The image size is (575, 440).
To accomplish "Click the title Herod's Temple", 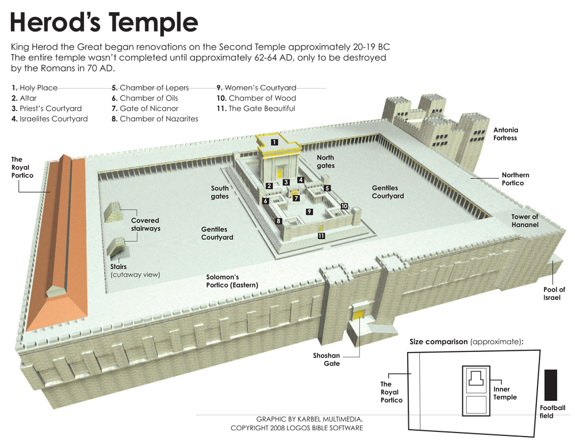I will click(x=104, y=23).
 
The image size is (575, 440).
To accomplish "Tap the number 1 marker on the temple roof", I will click(x=274, y=141).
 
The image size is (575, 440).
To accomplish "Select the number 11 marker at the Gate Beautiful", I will click(x=321, y=236).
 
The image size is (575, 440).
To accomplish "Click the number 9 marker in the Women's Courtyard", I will click(x=309, y=212).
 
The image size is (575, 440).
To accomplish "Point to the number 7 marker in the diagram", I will click(x=296, y=198).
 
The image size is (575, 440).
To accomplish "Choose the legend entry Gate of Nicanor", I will click(x=145, y=109).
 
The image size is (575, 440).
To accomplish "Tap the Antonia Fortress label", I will click(x=505, y=134).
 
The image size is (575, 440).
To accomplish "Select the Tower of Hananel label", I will click(x=524, y=221).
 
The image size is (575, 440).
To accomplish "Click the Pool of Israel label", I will click(x=554, y=294).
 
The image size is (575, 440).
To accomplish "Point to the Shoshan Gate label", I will click(x=326, y=359).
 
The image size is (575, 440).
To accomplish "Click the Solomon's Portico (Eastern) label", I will click(x=232, y=281).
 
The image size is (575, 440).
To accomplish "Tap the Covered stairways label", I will click(x=145, y=224).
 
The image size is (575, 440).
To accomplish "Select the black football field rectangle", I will click(x=550, y=386).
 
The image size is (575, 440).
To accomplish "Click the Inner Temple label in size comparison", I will click(x=505, y=393).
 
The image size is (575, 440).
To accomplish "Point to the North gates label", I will click(x=325, y=162).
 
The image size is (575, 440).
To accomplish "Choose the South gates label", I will click(x=220, y=192).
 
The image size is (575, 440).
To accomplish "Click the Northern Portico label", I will click(x=515, y=179).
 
